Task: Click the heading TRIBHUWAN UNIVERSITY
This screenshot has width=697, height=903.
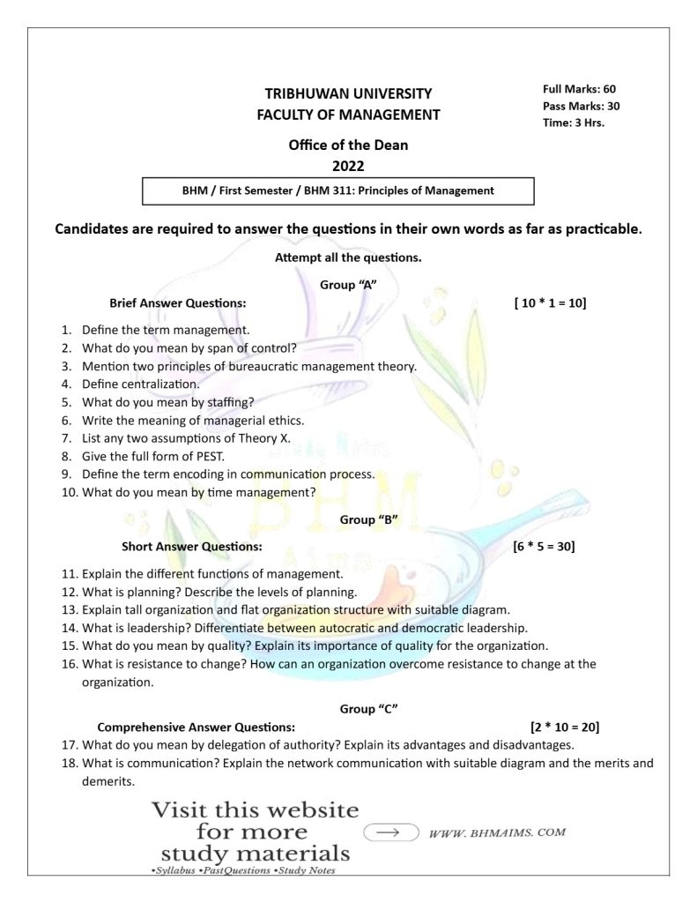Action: (348, 93)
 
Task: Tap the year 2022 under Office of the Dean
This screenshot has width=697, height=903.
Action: (348, 165)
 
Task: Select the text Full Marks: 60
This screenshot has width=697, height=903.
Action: (579, 89)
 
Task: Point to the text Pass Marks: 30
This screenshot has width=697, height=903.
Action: (581, 106)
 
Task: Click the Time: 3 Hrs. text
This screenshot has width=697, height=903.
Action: (573, 123)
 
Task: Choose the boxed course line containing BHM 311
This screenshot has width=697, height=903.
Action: (337, 190)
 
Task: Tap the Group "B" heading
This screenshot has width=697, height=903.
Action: (369, 519)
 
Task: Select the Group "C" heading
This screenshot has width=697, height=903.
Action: (369, 708)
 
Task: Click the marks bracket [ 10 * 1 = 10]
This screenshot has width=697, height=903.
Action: (550, 303)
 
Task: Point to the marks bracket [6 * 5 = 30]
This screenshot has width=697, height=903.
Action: (544, 546)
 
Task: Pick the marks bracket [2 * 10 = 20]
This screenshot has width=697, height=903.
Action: (565, 728)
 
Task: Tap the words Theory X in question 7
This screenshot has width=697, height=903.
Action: (265, 438)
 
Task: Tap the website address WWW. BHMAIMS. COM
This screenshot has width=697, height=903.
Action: (496, 832)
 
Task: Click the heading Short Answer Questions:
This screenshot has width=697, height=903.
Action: (191, 546)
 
